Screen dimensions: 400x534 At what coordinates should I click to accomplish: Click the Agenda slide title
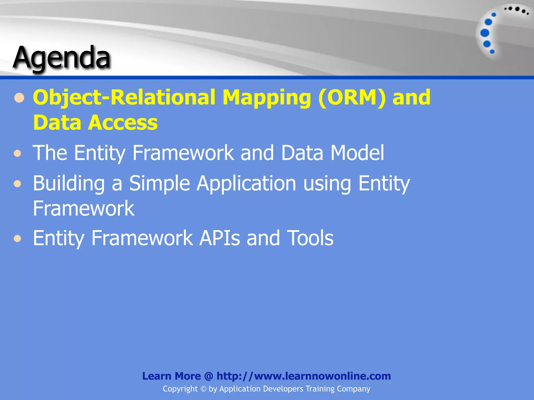pos(62,57)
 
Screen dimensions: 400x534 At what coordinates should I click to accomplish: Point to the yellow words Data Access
pos(95,122)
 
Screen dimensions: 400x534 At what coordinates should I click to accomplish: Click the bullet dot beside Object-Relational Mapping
pos(19,98)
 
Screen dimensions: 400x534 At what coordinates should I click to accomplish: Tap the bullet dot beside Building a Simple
pos(17,184)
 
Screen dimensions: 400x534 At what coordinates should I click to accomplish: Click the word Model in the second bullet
pos(357,153)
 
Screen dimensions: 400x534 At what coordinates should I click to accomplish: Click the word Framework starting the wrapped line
pos(83,209)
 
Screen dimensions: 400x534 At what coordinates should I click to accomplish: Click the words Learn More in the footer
pos(171,376)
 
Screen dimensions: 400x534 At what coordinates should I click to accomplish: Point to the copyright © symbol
pos(203,389)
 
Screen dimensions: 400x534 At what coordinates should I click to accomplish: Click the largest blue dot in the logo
pos(485,33)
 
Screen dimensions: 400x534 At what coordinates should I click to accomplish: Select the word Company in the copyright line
pos(353,389)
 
